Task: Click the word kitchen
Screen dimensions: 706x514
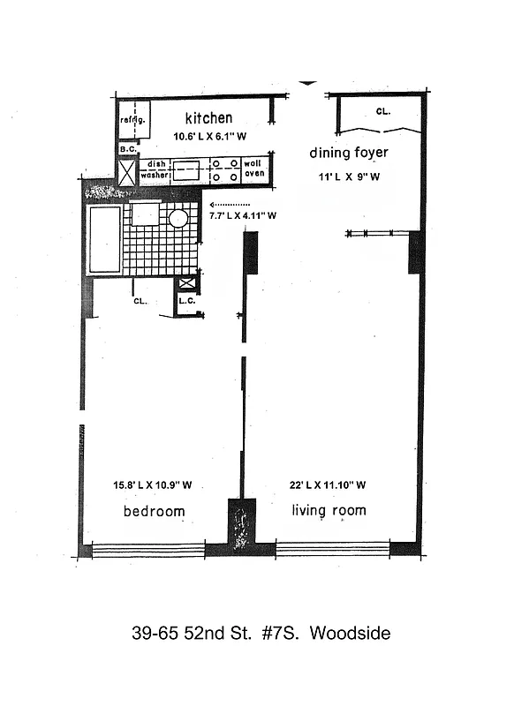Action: coord(208,117)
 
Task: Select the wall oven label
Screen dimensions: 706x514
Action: coord(254,169)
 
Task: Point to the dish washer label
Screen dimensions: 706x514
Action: coord(155,169)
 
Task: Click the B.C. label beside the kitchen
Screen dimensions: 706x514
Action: coord(126,150)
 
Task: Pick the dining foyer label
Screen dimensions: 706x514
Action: coord(348,153)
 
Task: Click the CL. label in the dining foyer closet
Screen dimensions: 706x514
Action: coord(383,111)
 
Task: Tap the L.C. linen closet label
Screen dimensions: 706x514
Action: coord(186,301)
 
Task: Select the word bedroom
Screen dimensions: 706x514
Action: coord(154,511)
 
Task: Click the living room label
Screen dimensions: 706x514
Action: coord(328,510)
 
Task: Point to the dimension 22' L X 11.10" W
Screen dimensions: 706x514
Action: coord(328,484)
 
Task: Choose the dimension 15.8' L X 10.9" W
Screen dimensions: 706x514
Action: coord(152,484)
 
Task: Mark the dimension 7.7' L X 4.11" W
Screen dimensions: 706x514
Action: coord(243,214)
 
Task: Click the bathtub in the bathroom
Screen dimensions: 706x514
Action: coord(103,239)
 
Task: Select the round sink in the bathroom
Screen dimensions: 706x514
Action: coord(178,219)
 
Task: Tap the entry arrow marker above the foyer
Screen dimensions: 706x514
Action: coord(306,83)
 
